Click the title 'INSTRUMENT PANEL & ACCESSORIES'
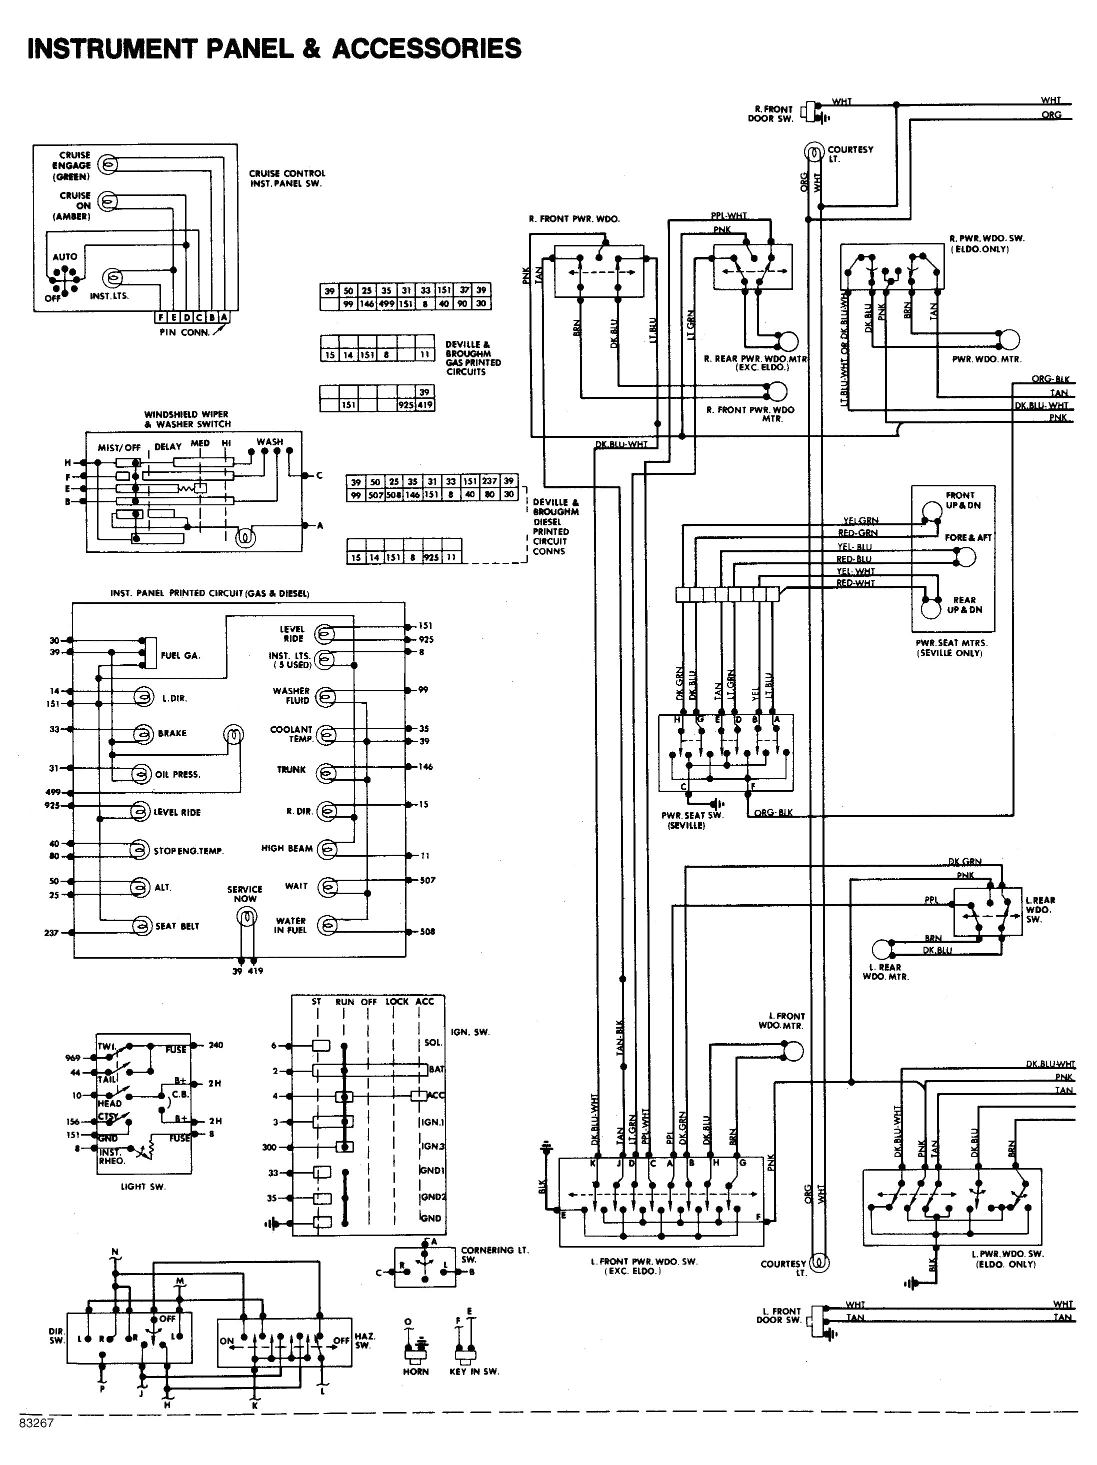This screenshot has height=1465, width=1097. pyautogui.click(x=274, y=48)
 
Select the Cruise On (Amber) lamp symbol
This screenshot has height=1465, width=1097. pyautogui.click(x=107, y=200)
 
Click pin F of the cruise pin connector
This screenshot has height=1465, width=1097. pyautogui.click(x=161, y=317)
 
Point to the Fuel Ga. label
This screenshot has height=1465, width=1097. pyautogui.click(x=180, y=656)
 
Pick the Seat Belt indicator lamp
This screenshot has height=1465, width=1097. pyautogui.click(x=140, y=926)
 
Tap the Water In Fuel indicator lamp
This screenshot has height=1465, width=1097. pyautogui.click(x=326, y=926)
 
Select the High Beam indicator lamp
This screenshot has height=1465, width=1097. pyautogui.click(x=326, y=849)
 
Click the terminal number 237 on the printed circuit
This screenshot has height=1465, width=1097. pyautogui.click(x=51, y=933)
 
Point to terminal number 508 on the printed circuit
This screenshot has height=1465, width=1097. pyautogui.click(x=427, y=932)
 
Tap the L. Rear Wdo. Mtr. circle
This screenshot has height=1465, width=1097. pyautogui.click(x=881, y=950)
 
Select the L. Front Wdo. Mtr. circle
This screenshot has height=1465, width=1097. pyautogui.click(x=793, y=1051)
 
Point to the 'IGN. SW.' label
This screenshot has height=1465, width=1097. pyautogui.click(x=470, y=1032)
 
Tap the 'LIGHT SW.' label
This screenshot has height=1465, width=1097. pyautogui.click(x=143, y=1186)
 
